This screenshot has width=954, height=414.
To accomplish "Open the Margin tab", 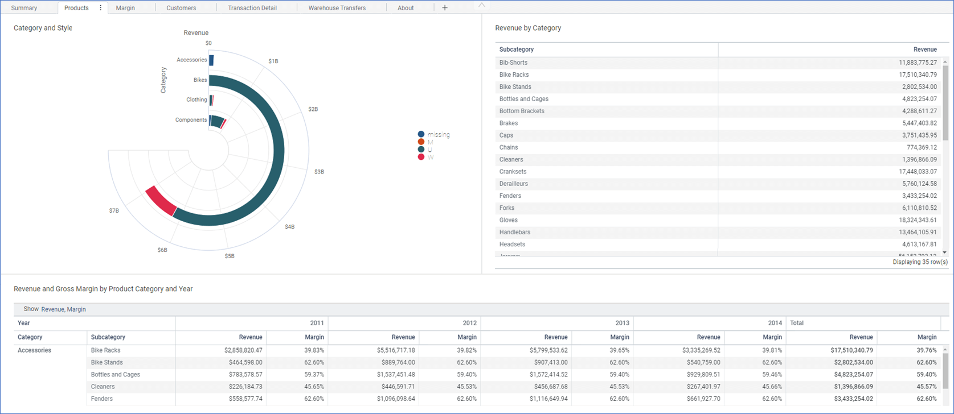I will coord(125,8).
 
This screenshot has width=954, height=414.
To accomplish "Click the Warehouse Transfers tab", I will coord(337,8).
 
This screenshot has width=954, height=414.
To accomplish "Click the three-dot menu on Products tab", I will coord(101,8).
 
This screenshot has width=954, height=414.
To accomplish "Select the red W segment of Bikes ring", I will coord(160,201).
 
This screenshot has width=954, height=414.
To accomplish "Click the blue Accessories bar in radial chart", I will coord(211,60).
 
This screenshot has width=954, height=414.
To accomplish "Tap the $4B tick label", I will coord(290,227).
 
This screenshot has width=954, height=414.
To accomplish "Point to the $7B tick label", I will coord(114,210).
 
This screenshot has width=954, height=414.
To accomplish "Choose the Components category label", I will coord(191,120).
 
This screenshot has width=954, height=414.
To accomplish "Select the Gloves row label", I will coord(509,220).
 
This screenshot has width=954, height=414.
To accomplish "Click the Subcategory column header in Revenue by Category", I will coord(517,49).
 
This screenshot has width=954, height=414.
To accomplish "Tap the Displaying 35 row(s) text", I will coord(920,262).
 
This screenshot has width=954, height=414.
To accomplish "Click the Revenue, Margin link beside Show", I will coord(63,309).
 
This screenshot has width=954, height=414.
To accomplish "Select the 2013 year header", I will coord(622,323).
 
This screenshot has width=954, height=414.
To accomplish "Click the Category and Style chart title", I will coord(43,28).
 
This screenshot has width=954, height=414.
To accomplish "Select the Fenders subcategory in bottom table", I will coord(102,399).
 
